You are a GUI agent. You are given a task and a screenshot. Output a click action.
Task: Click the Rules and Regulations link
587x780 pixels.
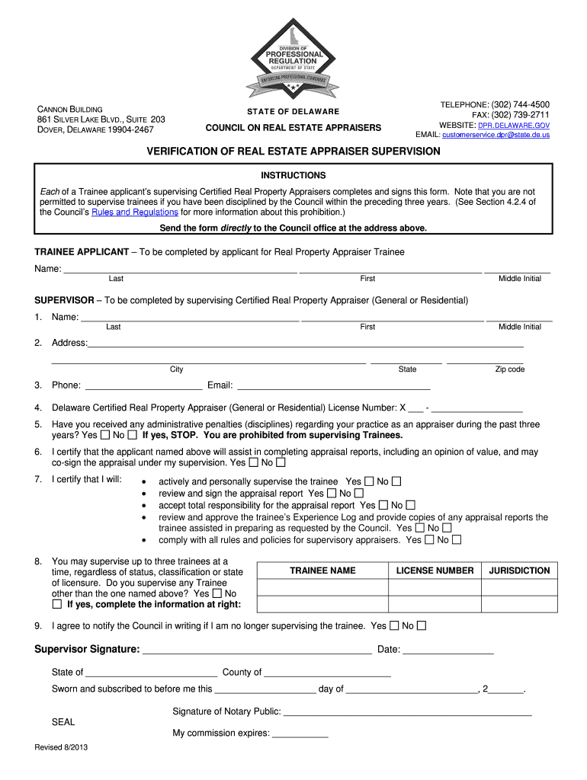pyautogui.click(x=134, y=213)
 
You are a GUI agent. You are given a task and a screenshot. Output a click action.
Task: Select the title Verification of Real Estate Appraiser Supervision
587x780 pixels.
pyautogui.click(x=293, y=152)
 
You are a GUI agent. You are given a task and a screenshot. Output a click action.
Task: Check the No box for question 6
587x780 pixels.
pyautogui.click(x=281, y=462)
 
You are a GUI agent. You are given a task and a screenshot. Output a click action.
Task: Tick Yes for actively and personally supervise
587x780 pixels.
pyautogui.click(x=369, y=481)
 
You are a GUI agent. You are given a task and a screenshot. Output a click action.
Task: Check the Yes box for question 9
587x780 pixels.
pyautogui.click(x=394, y=626)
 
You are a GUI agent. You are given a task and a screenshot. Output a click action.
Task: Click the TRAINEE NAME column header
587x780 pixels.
pyautogui.click(x=322, y=571)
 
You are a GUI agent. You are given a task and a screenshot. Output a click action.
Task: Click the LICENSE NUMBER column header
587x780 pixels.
pyautogui.click(x=435, y=571)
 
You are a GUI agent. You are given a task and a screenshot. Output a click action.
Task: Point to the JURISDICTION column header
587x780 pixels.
pyautogui.click(x=519, y=571)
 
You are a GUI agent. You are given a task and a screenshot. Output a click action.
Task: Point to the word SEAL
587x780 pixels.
pyautogui.click(x=63, y=721)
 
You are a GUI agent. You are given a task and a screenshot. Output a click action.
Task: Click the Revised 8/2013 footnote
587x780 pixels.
pyautogui.click(x=61, y=747)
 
